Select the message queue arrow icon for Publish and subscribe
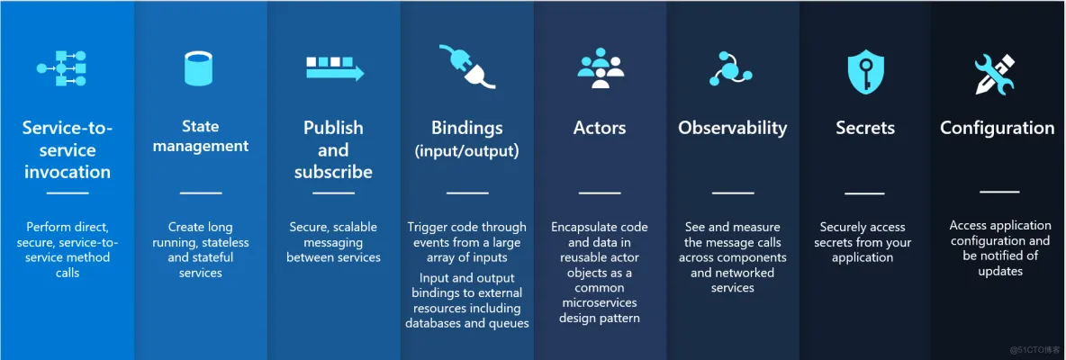coord(334,68)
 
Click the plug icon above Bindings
coord(466,67)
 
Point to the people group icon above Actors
coord(601,67)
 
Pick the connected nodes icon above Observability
coord(731,68)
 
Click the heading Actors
coord(600,128)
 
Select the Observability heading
coord(732,128)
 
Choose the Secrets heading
coord(864,128)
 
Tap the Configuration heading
coord(997,128)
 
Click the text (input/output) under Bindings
coord(466,150)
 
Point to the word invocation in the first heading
coord(67,172)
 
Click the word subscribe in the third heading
coord(333,172)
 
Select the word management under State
coord(200,146)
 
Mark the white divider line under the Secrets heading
coord(864,193)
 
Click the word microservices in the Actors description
coord(599,302)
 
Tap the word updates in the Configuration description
coord(999,271)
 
